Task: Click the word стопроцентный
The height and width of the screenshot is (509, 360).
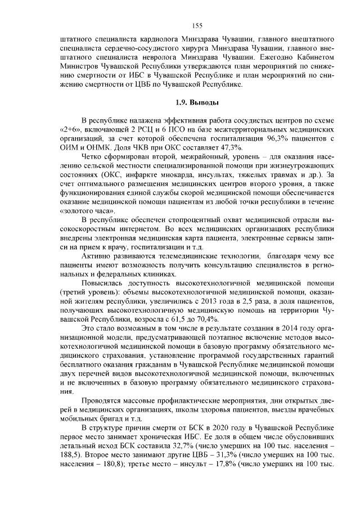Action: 175,219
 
